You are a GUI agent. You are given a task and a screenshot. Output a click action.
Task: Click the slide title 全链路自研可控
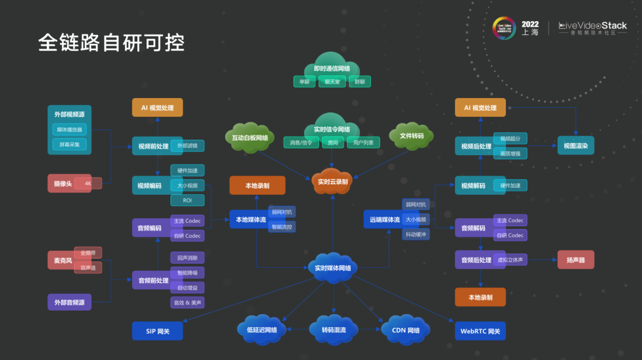point(111,43)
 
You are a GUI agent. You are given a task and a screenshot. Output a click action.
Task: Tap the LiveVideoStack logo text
point(593,26)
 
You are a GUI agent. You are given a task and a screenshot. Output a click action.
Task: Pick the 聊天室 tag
point(332,82)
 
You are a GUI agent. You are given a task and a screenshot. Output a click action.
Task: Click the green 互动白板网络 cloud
point(250,138)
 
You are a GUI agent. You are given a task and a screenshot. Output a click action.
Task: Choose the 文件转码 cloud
point(411,136)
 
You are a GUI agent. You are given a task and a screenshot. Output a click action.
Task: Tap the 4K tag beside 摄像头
point(88,184)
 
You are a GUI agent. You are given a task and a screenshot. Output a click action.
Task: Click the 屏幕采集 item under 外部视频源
point(69,144)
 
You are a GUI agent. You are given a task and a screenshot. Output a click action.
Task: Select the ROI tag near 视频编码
point(187,200)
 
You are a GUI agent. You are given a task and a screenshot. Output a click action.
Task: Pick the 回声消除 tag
point(187,258)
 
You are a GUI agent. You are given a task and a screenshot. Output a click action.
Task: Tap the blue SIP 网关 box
point(158,331)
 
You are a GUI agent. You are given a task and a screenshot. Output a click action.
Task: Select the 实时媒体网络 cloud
point(332,268)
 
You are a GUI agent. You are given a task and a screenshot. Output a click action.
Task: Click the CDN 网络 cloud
point(405,330)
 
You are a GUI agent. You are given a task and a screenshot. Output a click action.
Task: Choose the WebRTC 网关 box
point(480,331)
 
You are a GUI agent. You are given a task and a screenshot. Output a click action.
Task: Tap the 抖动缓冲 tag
point(416,234)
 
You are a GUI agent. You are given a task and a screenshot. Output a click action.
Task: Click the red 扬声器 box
point(575,260)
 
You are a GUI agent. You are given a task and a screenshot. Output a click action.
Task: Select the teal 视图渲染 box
point(575,146)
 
